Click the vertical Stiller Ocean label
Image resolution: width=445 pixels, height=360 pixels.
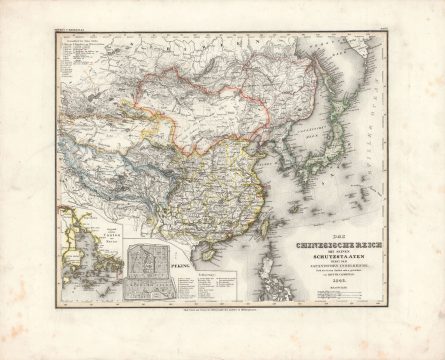(380, 110)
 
